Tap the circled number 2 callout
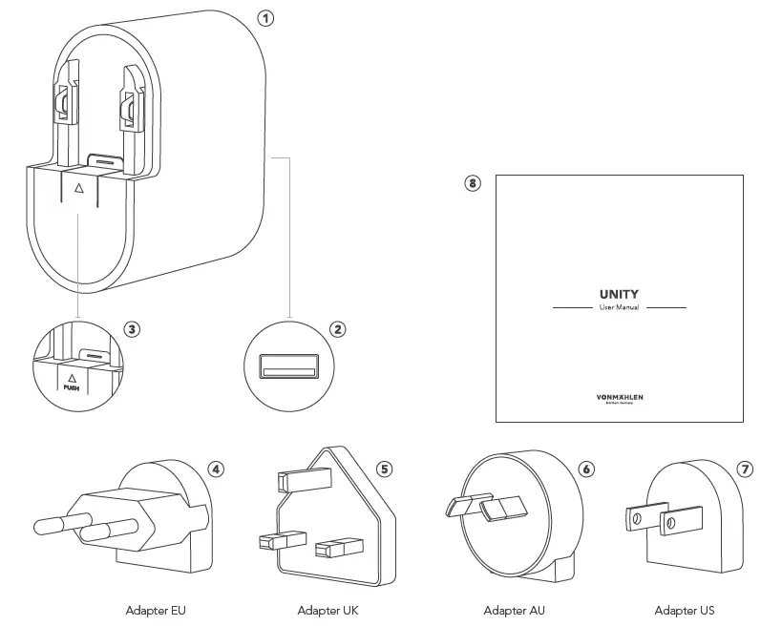pos(337,329)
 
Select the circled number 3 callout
pos(133,329)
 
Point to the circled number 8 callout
pos(473,183)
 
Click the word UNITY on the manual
pos(619,294)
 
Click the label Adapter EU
pos(156,610)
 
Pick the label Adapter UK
pos(328,610)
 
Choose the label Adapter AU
pos(515,610)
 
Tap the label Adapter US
pos(684,610)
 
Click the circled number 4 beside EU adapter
pos(218,469)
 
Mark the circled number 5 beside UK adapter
pos(384,469)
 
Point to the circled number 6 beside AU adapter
pos(586,469)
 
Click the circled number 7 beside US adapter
pos(746,469)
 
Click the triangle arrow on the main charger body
pos(78,188)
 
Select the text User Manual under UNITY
pos(619,308)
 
